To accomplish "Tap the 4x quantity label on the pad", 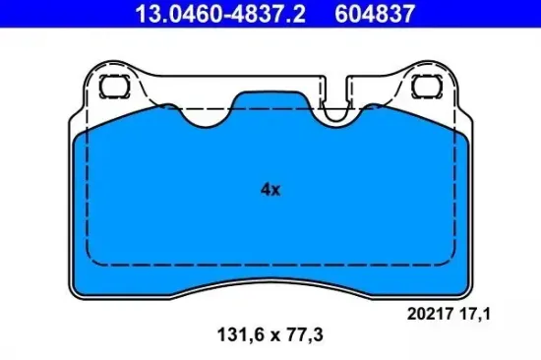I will click(x=270, y=191).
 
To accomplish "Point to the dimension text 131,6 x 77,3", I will click(x=270, y=334).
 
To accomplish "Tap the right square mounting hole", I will click(x=429, y=85).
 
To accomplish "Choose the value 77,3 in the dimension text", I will click(x=305, y=334).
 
